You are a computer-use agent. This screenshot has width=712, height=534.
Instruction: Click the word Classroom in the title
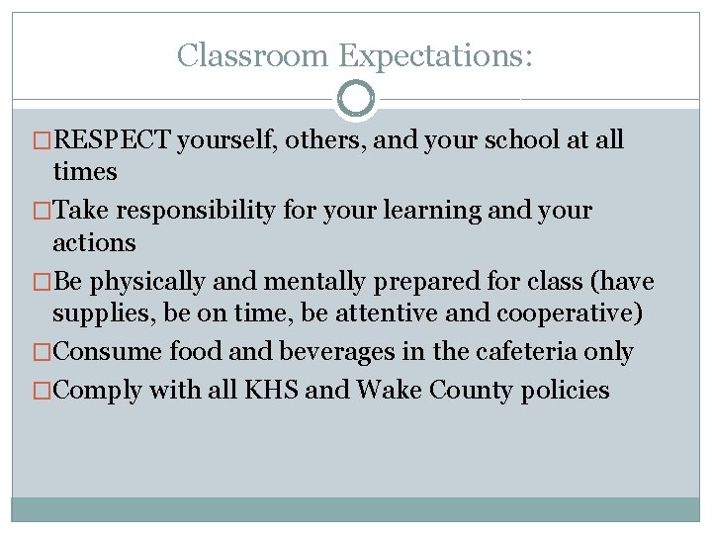(253, 55)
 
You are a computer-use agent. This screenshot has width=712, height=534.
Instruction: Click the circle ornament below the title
(356, 99)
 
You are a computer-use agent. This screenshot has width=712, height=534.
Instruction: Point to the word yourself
(228, 140)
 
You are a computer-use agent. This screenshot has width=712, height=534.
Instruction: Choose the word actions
(94, 242)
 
